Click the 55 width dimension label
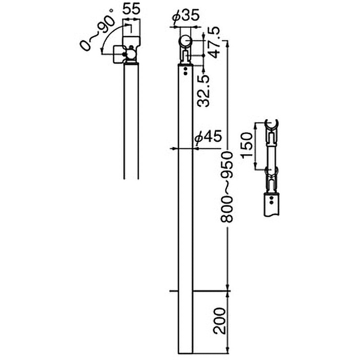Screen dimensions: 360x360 click(131, 9)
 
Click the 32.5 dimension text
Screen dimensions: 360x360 click(203, 90)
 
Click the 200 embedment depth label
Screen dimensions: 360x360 click(220, 321)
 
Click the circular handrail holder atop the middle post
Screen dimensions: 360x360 click(186, 42)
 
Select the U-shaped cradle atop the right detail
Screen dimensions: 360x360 click(272, 124)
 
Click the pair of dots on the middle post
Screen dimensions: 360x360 click(185, 71)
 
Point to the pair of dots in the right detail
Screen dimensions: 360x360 click(272, 200)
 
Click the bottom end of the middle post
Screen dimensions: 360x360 click(186, 353)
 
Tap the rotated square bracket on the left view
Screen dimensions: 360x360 click(119, 54)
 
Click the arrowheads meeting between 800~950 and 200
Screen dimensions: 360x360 click(228, 291)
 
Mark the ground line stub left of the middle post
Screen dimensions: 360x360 click(174, 291)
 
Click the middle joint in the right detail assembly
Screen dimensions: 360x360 click(272, 171)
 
